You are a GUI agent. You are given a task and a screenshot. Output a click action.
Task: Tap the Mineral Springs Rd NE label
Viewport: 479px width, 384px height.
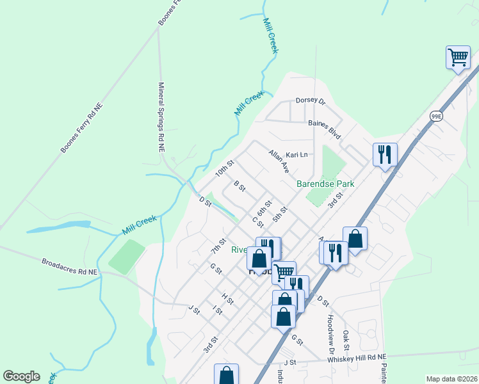[x=162, y=117]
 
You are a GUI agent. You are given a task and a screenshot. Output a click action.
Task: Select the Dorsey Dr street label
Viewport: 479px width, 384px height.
[x=311, y=100]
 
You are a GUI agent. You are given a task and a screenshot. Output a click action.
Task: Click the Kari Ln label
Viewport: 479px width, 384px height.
[x=296, y=155]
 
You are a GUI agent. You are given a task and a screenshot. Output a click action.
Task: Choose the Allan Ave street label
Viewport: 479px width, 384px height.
[x=279, y=161]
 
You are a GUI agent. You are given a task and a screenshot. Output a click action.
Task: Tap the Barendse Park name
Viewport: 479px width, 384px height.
[x=325, y=184]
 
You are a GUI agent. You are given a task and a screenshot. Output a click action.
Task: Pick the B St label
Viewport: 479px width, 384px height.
[x=239, y=186]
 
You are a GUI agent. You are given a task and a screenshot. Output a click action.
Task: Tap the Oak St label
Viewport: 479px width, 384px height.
[x=346, y=340]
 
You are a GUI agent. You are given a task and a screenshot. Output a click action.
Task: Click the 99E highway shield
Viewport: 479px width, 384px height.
[x=436, y=116]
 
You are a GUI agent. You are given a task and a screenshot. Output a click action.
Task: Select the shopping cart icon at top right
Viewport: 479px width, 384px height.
[x=458, y=58]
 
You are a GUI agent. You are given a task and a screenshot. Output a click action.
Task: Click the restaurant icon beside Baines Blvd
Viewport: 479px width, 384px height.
[x=385, y=154]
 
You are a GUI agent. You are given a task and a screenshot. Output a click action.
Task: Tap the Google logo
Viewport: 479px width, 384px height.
[x=21, y=376]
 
